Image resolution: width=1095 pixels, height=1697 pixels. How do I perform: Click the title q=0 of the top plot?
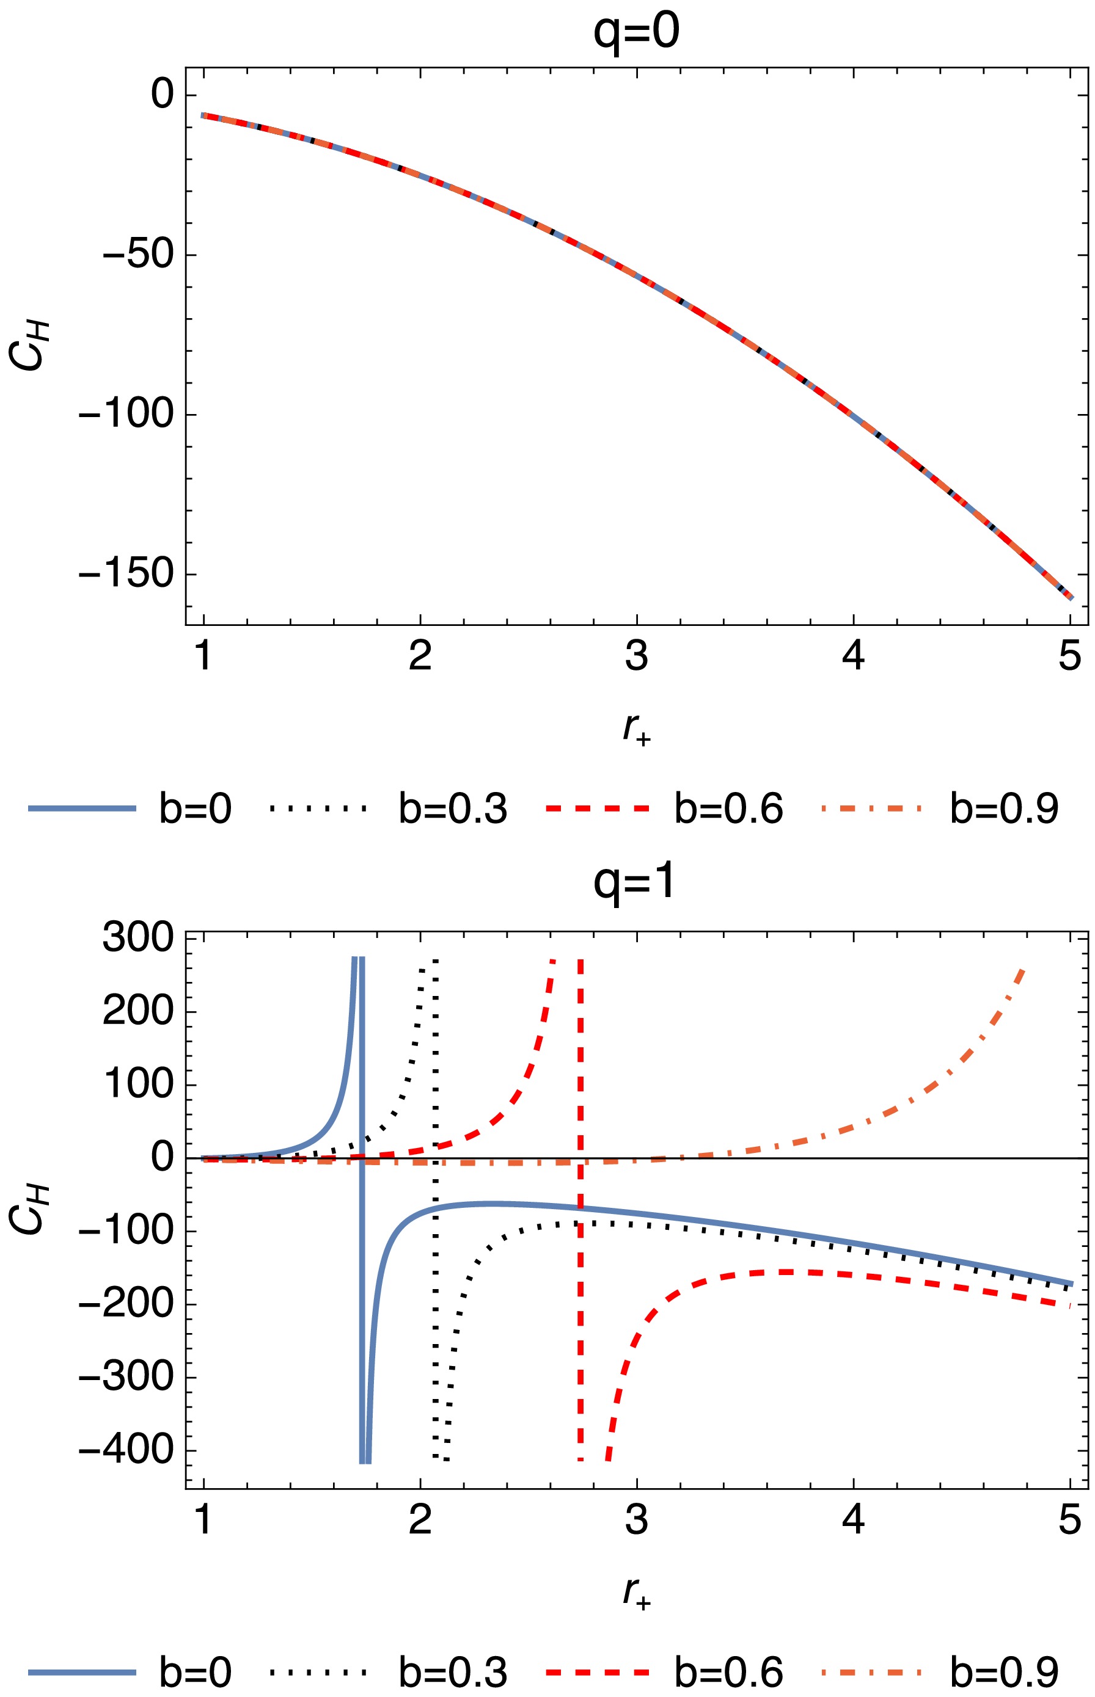click(x=636, y=32)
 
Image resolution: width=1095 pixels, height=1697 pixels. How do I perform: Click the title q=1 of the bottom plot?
click(x=634, y=884)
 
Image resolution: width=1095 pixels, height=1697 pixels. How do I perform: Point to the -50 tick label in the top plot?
click(x=139, y=255)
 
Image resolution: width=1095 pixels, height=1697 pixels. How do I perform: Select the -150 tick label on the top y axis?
click(x=126, y=573)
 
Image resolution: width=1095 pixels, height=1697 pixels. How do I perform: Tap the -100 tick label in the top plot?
click(x=126, y=413)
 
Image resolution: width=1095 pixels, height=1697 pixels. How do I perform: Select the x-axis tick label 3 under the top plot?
click(x=636, y=655)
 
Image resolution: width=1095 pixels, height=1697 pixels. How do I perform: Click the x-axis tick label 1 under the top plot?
click(x=204, y=655)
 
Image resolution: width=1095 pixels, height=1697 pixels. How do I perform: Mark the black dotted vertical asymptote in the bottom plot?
click(x=435, y=1279)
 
